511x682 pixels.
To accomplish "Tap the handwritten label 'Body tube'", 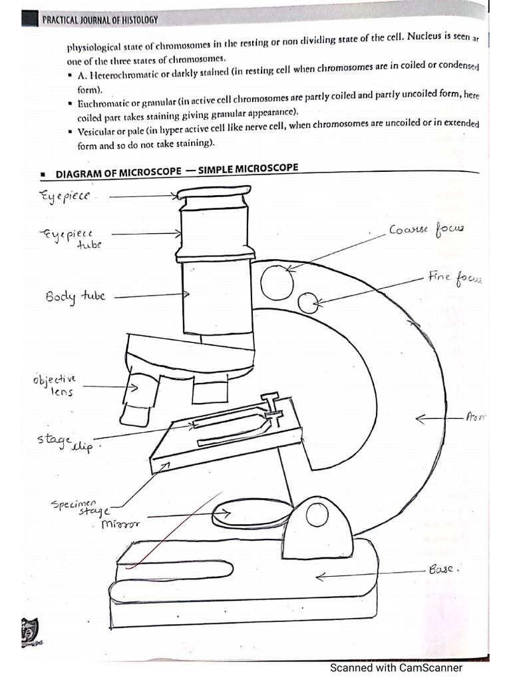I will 75,296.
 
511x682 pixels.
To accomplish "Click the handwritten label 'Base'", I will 445,570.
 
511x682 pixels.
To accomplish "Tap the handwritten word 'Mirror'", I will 120,525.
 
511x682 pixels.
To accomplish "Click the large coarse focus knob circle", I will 277,282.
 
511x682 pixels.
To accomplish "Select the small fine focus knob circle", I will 307,303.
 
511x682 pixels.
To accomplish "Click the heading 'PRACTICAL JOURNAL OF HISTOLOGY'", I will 100,20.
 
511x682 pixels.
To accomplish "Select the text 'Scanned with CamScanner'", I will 396,668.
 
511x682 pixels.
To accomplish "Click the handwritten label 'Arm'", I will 476,418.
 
